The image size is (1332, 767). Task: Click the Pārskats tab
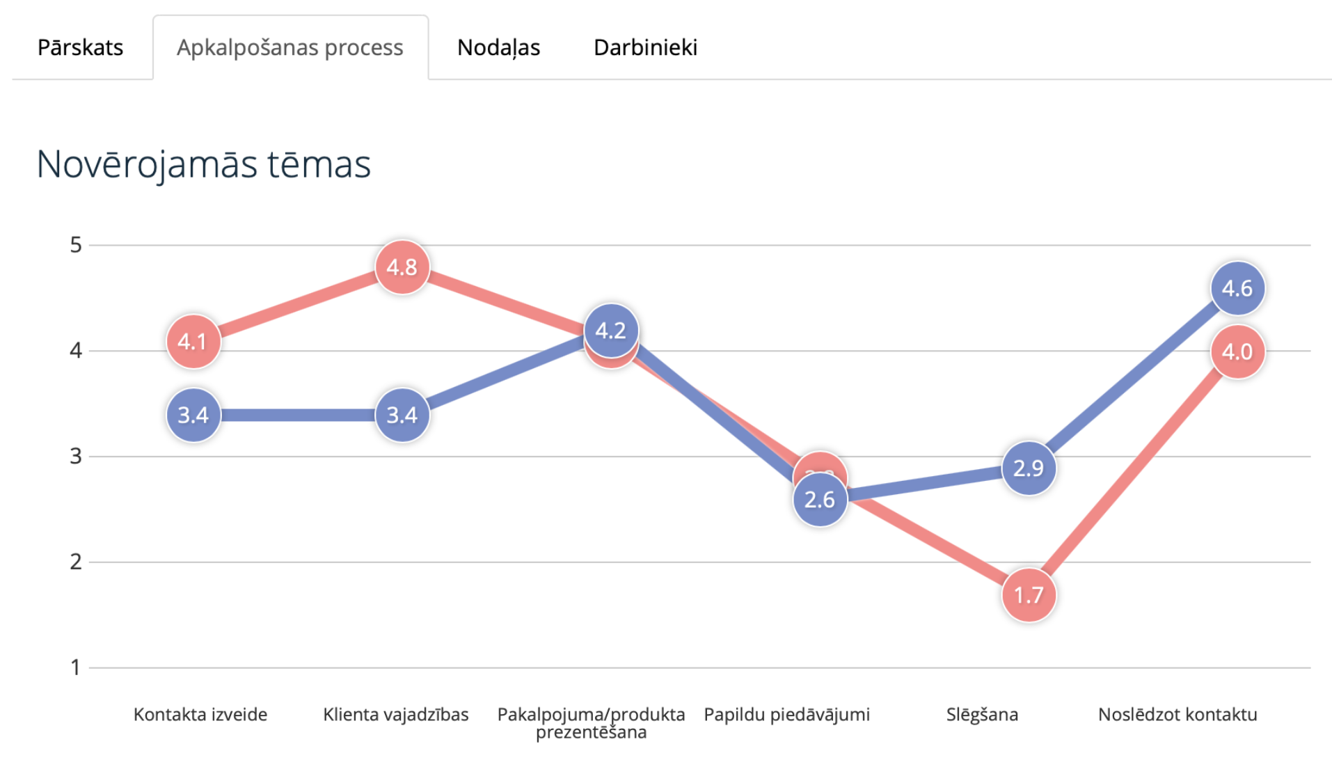pos(80,47)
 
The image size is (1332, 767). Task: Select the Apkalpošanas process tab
pos(290,47)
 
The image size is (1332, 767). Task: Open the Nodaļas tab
pos(498,47)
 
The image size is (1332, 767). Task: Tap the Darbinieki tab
pos(645,47)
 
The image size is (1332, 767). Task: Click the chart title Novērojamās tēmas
pos(203,164)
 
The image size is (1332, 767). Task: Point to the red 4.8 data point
pos(402,267)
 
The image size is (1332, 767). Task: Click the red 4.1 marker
pos(193,342)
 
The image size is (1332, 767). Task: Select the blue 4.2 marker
pos(610,331)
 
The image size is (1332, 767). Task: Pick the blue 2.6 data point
pos(819,500)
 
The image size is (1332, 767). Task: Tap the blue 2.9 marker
pos(1028,468)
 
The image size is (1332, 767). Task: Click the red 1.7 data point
pos(1028,595)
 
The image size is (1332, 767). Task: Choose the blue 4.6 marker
pos(1237,288)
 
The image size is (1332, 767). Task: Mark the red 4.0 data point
pos(1237,352)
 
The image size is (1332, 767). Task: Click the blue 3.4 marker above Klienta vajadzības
pos(402,416)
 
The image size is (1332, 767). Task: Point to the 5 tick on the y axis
pos(76,245)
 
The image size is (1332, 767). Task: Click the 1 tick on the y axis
pos(76,668)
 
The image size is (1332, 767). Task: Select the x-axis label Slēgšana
pos(982,715)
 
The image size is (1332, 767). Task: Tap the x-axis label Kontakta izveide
pos(200,715)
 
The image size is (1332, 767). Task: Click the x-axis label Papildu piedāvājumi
pos(786,715)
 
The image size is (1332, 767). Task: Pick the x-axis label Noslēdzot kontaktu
pos(1178,715)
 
